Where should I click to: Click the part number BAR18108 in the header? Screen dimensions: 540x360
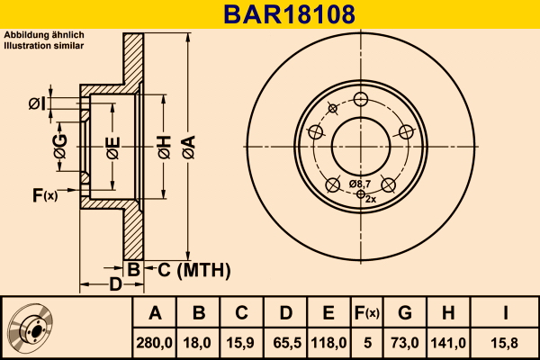coord(289,14)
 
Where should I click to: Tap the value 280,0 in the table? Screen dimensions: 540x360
coord(154,343)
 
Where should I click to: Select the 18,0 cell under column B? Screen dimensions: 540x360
coord(197,343)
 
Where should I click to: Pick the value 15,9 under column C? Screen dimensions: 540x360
coord(240,343)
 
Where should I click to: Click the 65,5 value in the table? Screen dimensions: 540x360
coord(287,343)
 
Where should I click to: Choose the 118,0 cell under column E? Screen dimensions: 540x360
coord(328,343)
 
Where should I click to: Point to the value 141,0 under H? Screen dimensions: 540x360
coord(448,343)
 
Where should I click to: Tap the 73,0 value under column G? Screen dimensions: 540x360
coord(405,343)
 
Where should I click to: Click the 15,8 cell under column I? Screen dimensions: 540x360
coord(504,343)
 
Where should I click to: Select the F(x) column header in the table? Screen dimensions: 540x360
coord(367,313)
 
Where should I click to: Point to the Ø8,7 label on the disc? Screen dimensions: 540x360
coord(360,184)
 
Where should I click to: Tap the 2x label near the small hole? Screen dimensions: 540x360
coord(371,199)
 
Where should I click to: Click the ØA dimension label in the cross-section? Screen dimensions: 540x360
coord(189,147)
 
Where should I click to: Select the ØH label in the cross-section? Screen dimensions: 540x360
coord(165,147)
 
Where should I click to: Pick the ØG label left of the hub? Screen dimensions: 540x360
coord(60,147)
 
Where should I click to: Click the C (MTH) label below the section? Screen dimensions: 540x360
coord(194,270)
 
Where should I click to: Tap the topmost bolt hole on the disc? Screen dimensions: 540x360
coord(361,100)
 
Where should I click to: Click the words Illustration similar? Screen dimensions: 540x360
coord(44,46)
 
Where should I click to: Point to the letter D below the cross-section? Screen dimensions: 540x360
coord(116,284)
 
